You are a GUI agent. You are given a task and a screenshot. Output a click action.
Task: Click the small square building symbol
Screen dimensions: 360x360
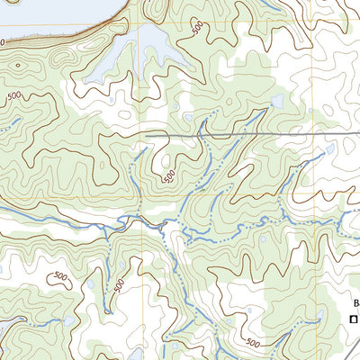tap(355, 319)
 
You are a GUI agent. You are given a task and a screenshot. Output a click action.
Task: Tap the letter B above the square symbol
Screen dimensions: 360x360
tap(355, 303)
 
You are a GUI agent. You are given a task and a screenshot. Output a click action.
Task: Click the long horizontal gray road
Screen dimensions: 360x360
tap(270, 134)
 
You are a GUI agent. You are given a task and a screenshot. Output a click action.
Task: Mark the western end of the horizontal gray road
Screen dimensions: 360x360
tap(147, 134)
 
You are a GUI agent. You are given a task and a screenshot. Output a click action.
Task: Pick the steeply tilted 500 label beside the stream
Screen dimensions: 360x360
tap(120, 286)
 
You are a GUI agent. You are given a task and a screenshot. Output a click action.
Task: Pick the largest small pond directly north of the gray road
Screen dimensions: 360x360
tap(276, 101)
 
